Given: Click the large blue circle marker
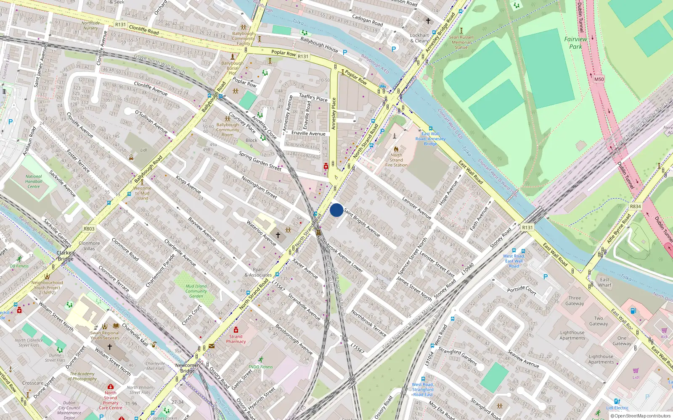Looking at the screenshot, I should [336, 210].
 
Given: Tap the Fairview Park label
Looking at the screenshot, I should [575, 43].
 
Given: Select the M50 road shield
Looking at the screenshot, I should [599, 79].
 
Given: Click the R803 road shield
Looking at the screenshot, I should [89, 229].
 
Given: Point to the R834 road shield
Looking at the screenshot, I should [635, 206].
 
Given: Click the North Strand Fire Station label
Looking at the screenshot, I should [396, 160].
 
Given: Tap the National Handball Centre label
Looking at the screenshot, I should [34, 181].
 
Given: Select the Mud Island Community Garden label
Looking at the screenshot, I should [196, 291].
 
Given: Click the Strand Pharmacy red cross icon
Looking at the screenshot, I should [236, 330].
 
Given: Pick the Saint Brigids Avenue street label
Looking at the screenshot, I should [362, 222].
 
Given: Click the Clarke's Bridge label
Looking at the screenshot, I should [66, 256].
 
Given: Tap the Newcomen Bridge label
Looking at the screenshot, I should [188, 368].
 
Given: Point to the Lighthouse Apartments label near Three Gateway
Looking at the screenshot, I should [572, 335].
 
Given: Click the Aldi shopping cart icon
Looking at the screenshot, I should [664, 331].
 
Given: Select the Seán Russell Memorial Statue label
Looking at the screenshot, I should [461, 42].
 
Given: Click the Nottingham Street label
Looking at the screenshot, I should [259, 187].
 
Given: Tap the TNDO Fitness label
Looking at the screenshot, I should [260, 367].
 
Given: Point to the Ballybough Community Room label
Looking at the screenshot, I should [228, 130].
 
